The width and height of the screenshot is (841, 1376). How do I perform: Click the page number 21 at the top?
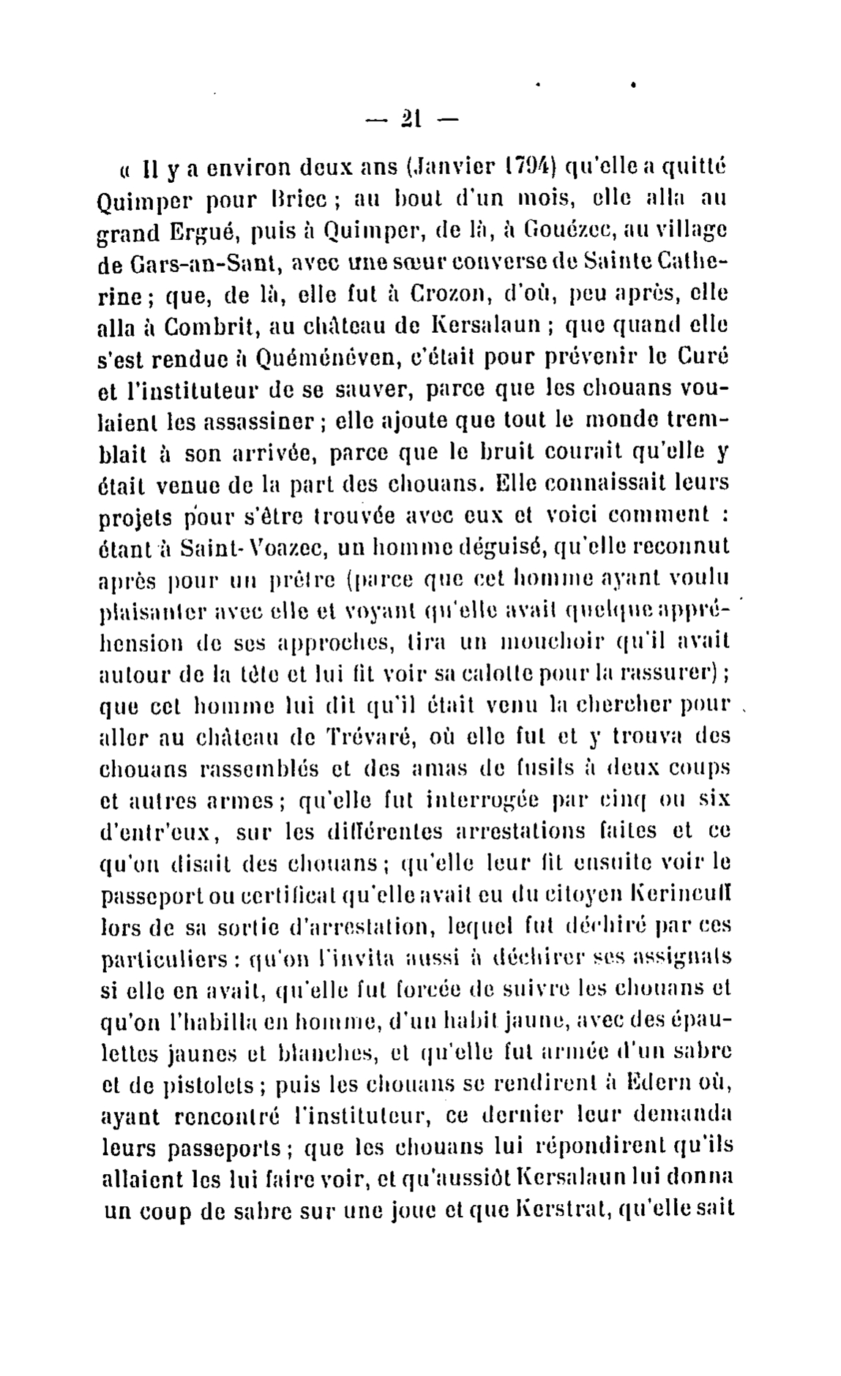point(408,118)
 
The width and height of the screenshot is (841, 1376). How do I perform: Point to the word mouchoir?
point(558,642)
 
